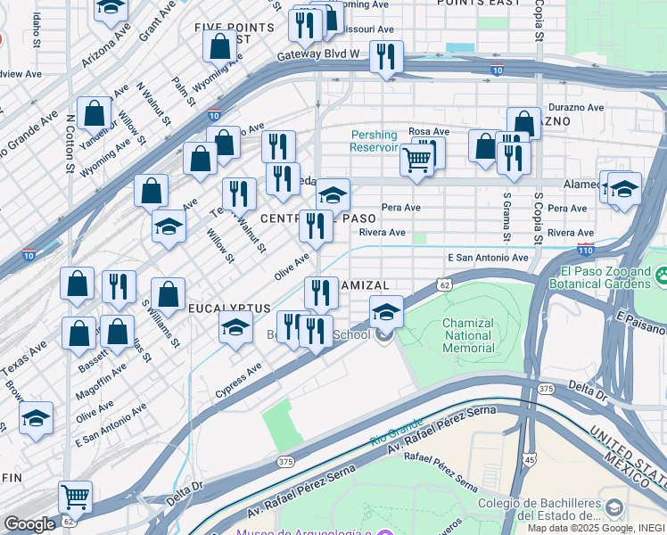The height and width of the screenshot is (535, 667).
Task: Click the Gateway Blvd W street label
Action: coord(316,53)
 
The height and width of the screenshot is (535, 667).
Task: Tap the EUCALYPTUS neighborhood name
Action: coord(229,308)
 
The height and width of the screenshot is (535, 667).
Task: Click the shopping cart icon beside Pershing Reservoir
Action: coord(416,161)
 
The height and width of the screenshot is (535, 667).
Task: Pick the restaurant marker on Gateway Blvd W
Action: coord(386,57)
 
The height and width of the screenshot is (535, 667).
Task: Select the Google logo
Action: coord(29,524)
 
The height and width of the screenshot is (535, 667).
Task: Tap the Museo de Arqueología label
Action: coord(302,532)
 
